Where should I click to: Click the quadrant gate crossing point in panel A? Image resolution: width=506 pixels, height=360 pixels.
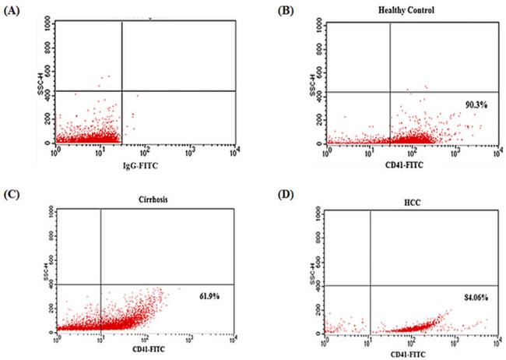[122, 90]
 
